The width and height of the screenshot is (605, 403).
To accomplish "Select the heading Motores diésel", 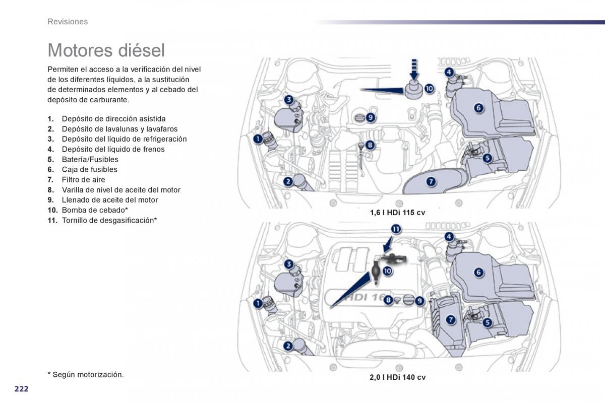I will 106,50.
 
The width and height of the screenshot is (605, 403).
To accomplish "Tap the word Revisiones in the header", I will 68,22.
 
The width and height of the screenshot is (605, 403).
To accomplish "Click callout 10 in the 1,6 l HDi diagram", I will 429,89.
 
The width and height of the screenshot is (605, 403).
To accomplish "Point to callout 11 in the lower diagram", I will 396,230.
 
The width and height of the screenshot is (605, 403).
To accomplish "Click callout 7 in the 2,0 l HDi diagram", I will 450,319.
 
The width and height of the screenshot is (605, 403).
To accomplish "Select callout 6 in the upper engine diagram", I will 478,107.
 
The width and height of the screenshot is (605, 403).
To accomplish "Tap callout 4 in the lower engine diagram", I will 449,236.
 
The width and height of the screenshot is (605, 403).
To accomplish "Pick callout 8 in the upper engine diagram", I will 370,146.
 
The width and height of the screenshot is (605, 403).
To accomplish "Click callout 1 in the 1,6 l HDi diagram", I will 258,139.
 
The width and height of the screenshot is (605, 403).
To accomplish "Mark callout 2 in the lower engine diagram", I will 288,346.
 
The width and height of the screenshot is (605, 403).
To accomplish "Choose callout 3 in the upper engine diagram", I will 288,100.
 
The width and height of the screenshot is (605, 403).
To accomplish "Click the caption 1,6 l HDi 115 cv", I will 397,213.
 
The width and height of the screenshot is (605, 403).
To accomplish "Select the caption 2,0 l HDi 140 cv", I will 397,377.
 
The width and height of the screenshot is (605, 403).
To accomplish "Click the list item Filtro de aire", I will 83,179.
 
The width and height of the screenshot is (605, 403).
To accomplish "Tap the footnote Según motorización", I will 86,374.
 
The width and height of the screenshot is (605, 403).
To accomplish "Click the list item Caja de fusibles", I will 89,169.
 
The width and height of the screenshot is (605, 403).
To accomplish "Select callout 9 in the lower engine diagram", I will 419,301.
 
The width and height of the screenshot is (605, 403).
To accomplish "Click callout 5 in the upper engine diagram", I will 487,158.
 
